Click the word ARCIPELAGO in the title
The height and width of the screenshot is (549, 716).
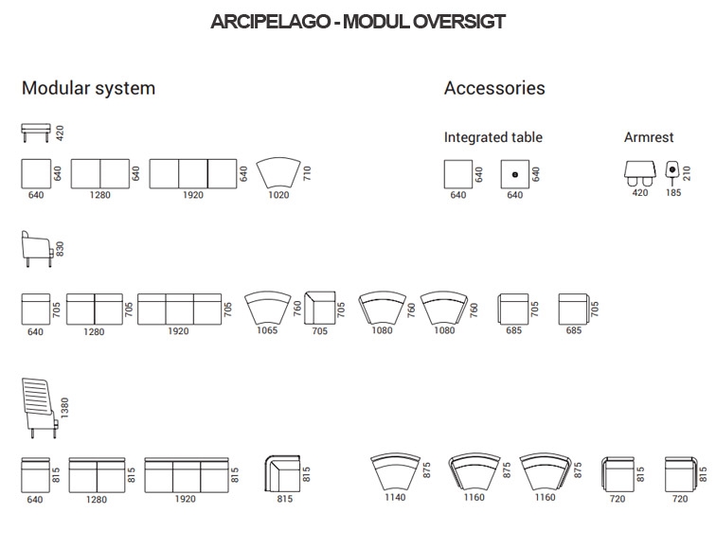pyautogui.click(x=270, y=22)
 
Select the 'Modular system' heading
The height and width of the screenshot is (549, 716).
pyautogui.click(x=89, y=88)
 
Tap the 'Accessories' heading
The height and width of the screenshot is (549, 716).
pyautogui.click(x=494, y=88)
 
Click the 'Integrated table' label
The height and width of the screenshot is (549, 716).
pyautogui.click(x=493, y=137)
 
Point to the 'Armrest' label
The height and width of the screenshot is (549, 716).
pyautogui.click(x=649, y=137)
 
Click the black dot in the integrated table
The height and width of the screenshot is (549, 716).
pyautogui.click(x=515, y=174)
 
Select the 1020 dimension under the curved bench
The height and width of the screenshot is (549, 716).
pyautogui.click(x=278, y=195)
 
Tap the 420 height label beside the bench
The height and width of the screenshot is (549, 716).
pyautogui.click(x=60, y=133)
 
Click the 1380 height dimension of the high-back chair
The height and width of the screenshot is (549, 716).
pyautogui.click(x=64, y=408)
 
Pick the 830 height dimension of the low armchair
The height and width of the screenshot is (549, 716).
pyautogui.click(x=60, y=249)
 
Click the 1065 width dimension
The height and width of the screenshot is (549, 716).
pyautogui.click(x=267, y=330)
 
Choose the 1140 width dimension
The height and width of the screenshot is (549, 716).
pyautogui.click(x=395, y=497)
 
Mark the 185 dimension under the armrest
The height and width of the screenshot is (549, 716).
pyautogui.click(x=673, y=192)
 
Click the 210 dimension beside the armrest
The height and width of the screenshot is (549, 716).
pyautogui.click(x=687, y=173)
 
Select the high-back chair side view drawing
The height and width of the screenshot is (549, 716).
pyautogui.click(x=40, y=408)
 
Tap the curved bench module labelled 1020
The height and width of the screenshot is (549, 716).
pyautogui.click(x=278, y=173)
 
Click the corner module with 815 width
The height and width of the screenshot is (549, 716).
pyautogui.click(x=282, y=473)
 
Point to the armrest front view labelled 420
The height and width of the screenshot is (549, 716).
pyautogui.click(x=639, y=173)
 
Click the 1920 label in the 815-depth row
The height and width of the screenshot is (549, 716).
pyautogui.click(x=185, y=499)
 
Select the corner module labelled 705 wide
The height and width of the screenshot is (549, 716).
pyautogui.click(x=320, y=308)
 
